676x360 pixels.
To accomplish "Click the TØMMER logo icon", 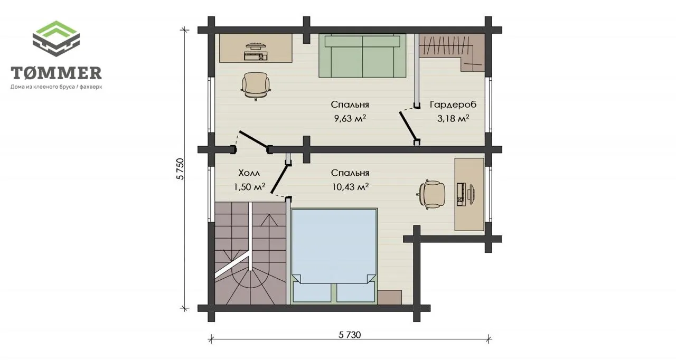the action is pos(56,39).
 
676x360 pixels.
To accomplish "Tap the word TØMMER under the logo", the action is pos(56,73).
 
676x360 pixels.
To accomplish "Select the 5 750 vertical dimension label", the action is pos(180,169).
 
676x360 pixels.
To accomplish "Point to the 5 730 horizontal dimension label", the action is pos(350,335).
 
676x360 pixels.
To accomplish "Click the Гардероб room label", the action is pos(453,105).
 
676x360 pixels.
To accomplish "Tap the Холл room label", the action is pos(249,173).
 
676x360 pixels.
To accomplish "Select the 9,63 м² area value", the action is pos(350,118).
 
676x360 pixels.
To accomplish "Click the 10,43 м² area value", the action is pos(350,187).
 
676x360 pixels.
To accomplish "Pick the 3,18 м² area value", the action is pos(453,118).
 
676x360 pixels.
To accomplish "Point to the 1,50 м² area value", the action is pos(249,187).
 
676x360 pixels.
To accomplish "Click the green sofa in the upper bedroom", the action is pos(362,56).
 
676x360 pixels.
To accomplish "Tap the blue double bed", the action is pos(334,255).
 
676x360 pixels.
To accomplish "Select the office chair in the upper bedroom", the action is pos(256,86).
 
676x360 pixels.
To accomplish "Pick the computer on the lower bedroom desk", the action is pos(465,194).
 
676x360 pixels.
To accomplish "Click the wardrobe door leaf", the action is pos(408,127).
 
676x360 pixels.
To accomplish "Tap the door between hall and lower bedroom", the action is pos(279,178).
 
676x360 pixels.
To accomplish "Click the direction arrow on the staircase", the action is pos(269,220).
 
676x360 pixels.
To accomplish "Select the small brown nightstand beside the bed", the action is pos(390,297).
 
